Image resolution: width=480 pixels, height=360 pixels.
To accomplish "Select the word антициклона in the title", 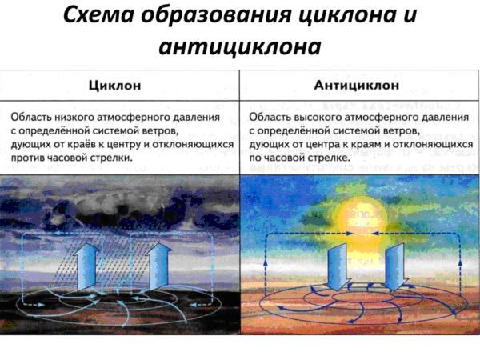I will pos(240,47).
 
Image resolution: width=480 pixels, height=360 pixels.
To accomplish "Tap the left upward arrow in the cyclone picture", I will pos(87,268).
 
